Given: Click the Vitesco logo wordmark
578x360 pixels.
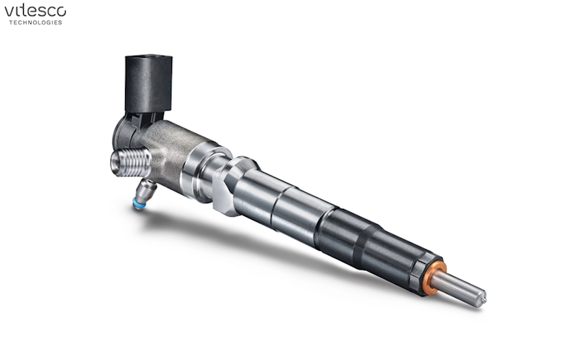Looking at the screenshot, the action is [35, 12].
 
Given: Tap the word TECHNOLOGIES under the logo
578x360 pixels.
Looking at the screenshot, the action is [35, 22].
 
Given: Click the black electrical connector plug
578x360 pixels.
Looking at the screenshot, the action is [149, 83].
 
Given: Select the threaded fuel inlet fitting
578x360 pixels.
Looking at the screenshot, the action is [131, 162].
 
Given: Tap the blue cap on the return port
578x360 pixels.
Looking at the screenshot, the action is [138, 204].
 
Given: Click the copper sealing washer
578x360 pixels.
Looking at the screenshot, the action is [434, 278].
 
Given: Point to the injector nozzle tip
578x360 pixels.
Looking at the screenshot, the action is [482, 299].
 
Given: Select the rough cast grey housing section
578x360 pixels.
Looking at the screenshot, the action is [170, 151].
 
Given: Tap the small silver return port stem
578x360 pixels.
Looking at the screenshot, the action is [146, 189].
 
